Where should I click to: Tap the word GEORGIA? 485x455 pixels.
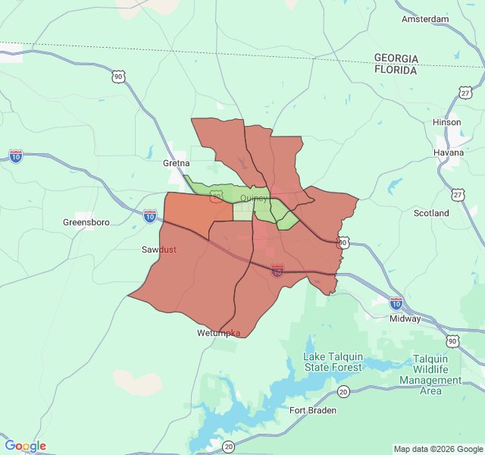click(396, 58)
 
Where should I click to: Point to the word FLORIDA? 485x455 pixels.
click(396, 70)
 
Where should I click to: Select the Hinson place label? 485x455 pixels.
click(446, 122)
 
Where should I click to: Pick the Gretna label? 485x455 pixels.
click(176, 163)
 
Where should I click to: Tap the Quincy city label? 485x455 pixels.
click(253, 198)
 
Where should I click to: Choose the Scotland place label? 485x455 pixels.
click(431, 213)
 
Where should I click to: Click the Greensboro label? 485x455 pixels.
click(86, 223)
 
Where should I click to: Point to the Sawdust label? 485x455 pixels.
click(159, 249)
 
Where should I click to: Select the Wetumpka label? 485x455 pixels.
click(219, 333)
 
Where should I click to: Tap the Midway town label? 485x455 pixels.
click(405, 318)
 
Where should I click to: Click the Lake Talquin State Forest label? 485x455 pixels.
click(333, 362)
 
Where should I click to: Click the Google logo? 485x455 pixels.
click(25, 446)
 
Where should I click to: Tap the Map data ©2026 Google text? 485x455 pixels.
click(438, 449)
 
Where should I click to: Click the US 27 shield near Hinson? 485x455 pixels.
click(465, 93)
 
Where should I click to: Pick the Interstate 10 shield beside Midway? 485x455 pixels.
click(396, 303)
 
